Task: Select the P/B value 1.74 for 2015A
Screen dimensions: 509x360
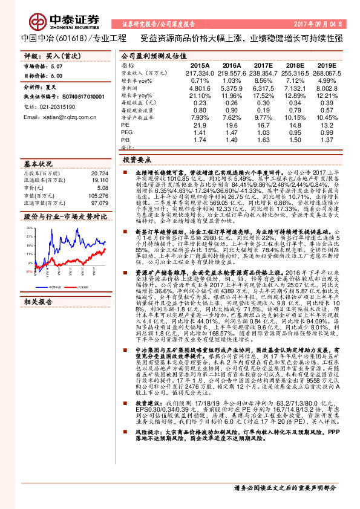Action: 200,140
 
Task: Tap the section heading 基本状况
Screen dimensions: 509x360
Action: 37,164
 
